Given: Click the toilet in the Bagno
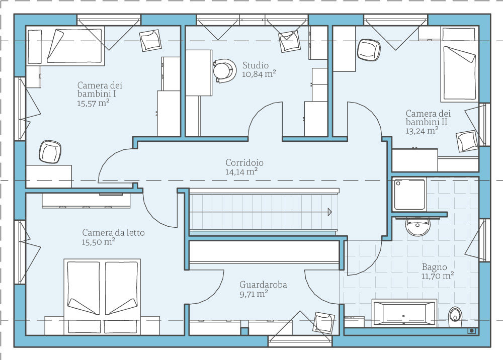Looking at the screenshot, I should [x=456, y=315].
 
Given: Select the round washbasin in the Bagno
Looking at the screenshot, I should [x=417, y=227].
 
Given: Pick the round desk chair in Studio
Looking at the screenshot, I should [x=223, y=70].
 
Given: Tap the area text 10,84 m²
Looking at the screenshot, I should [x=259, y=74].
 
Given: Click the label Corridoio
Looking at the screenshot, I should [x=244, y=163].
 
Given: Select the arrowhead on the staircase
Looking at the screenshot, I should [x=329, y=212].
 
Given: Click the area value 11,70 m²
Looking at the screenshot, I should [x=438, y=276].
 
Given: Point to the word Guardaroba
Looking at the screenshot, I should [x=263, y=285].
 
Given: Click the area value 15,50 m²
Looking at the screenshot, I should [x=99, y=242].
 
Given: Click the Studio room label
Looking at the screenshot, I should [x=256, y=65].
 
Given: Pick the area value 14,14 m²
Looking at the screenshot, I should [x=242, y=171].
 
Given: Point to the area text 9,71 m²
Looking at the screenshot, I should [x=254, y=294].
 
